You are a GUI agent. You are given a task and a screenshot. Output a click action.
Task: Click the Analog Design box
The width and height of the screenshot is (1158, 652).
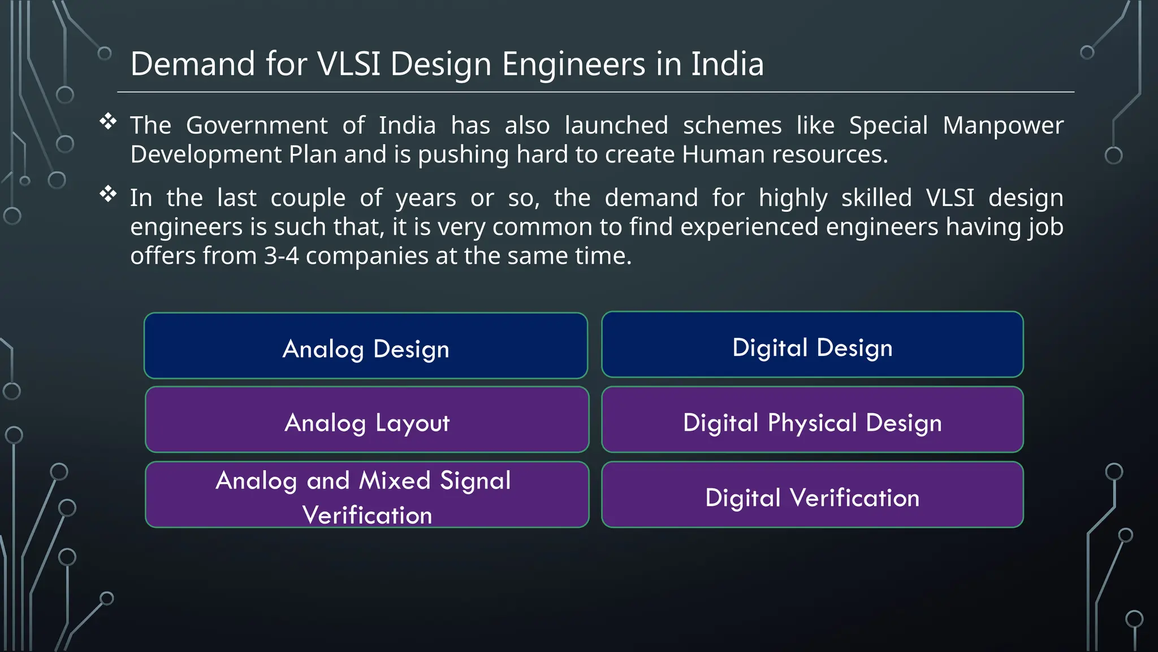point(366,346)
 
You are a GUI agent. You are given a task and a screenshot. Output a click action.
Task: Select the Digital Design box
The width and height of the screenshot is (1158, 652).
point(813,345)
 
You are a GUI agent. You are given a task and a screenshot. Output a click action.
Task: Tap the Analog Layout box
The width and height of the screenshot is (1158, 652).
point(367,420)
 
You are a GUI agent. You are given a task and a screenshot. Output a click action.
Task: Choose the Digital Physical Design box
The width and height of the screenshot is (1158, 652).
point(813,420)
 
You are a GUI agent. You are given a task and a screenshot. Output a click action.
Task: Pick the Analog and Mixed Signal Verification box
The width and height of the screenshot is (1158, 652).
point(367,495)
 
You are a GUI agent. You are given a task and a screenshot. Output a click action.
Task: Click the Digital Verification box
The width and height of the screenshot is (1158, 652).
point(813,495)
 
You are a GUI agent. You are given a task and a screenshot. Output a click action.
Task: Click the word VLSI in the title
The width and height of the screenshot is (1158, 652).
point(349,64)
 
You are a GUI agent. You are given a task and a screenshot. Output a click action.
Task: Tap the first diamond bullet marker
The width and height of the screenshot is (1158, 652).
point(108,121)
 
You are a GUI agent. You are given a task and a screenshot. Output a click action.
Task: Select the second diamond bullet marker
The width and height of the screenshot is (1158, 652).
point(108,194)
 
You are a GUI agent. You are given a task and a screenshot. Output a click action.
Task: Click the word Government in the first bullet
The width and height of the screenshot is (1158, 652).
point(257,126)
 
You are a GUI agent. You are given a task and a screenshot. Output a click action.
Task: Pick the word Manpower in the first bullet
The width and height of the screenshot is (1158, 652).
point(1003,126)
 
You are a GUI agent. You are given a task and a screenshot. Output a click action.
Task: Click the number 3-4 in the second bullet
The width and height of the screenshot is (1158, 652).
point(281,256)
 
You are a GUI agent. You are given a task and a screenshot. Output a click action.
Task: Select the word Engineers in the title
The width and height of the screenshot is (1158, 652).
point(573,64)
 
